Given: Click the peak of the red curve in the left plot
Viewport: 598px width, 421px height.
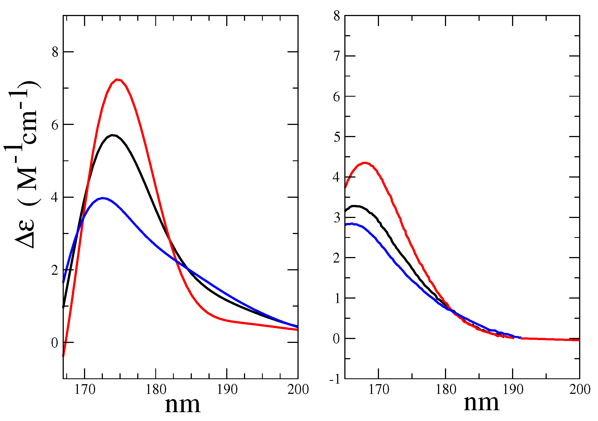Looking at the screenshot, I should tap(117, 79).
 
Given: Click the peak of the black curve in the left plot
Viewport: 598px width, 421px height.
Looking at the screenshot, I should tap(112, 135).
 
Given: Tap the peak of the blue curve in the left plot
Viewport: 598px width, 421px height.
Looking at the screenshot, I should tap(103, 198).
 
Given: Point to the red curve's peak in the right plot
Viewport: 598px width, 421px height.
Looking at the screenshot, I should tap(365, 163).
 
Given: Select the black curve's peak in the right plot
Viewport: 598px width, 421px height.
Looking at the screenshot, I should tap(354, 206).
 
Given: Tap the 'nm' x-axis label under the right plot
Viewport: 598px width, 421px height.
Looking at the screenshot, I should tap(481, 403).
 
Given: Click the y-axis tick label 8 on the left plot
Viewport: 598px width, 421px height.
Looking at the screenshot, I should tap(55, 52).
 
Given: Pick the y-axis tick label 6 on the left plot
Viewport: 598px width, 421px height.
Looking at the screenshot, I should tap(55, 125).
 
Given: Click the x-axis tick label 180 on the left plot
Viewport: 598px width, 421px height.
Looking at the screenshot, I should tap(156, 390).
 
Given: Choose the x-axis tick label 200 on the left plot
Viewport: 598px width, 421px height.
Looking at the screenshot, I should tap(298, 390).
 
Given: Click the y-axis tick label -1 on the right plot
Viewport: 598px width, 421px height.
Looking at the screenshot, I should tap(335, 379).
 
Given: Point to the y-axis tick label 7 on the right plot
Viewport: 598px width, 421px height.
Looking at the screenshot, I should tap(337, 57).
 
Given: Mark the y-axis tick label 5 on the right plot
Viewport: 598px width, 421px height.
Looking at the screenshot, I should tap(337, 137).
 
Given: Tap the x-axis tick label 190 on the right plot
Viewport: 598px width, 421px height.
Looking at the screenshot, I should tap(513, 390).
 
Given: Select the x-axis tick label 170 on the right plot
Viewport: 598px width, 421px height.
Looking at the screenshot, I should tap(378, 390).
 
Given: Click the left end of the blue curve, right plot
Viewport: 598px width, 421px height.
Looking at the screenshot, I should tap(345, 225).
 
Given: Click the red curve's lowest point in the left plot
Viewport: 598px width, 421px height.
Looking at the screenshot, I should tap(63, 356).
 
